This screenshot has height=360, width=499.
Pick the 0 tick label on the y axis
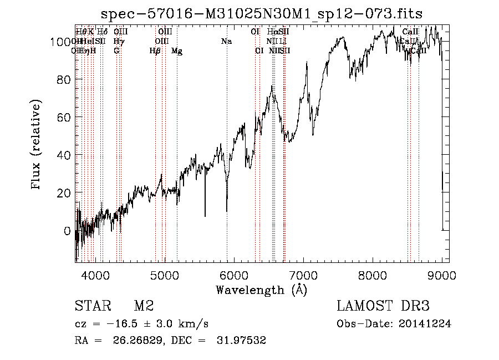coord(68,230)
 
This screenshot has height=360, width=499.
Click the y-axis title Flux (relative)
coord(37,145)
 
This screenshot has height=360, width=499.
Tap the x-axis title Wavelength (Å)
coord(262,290)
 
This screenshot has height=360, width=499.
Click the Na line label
coord(226,42)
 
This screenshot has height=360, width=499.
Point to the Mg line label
coord(177,51)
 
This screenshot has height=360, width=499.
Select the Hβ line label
coord(155,51)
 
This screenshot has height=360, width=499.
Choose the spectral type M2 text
coord(144,306)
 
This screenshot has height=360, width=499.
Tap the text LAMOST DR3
coord(383,306)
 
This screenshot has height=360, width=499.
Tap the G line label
coord(116,51)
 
